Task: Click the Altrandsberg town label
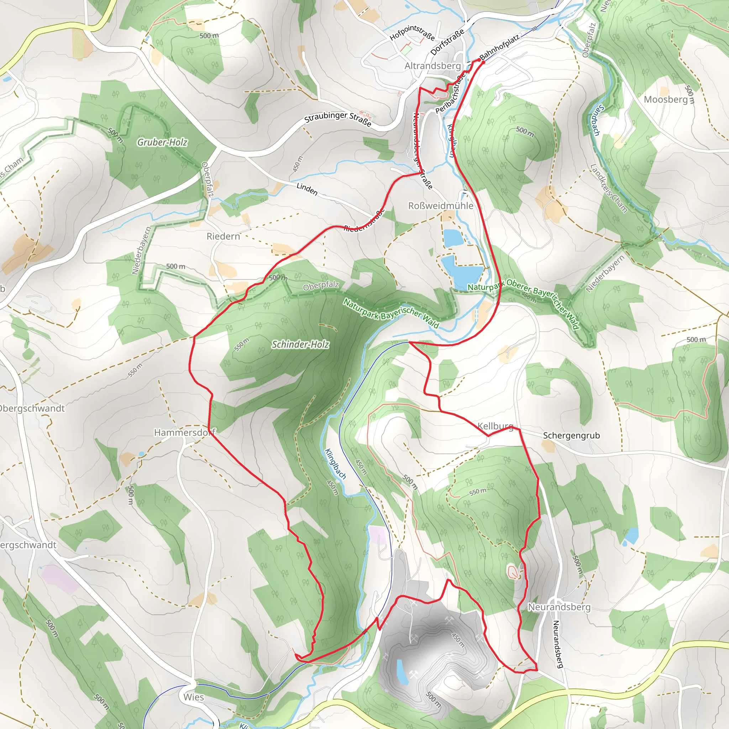[x=432, y=66]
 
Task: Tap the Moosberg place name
[x=666, y=100]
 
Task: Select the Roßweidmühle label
[x=440, y=206]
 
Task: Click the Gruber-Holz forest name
[x=162, y=142]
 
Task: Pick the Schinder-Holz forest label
[x=300, y=344]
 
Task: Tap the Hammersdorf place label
[x=184, y=432]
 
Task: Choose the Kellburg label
[x=495, y=426]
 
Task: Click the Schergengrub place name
[x=571, y=435]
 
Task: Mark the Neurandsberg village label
[x=559, y=607]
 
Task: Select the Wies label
[x=194, y=697]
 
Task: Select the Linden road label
[x=307, y=189]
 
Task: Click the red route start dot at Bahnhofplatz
[x=483, y=62]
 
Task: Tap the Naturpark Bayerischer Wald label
[x=391, y=313]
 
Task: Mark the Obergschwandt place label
[x=32, y=409]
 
